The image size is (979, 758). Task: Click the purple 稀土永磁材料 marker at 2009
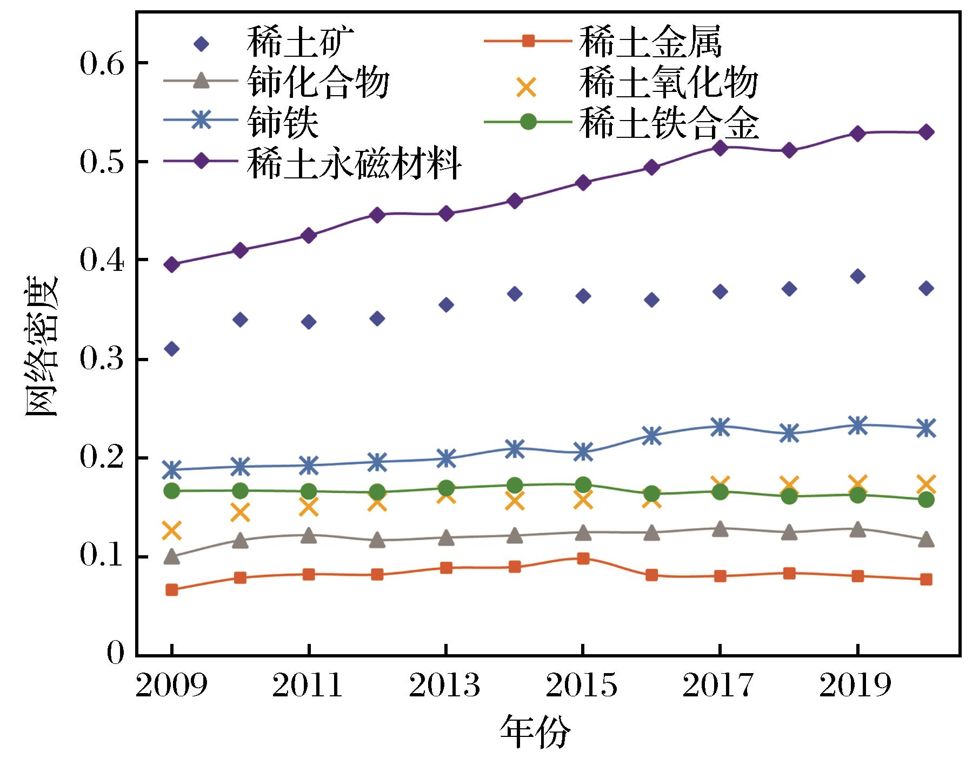coord(172,265)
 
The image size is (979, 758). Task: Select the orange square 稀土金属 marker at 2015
coord(583,558)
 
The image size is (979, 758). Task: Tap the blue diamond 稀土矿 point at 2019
coord(857,276)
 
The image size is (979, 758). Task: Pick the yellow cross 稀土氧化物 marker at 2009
coord(172,531)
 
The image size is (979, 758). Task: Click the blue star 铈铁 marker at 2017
coord(720,427)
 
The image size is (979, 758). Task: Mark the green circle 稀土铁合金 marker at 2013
coord(446,488)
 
